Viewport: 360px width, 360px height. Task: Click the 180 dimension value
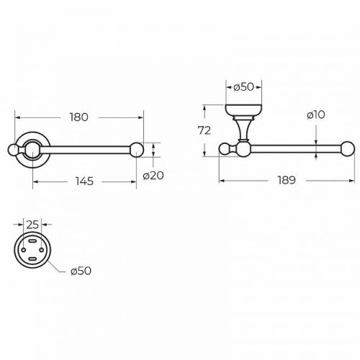click(x=79, y=117)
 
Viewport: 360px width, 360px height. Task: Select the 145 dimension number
click(x=84, y=181)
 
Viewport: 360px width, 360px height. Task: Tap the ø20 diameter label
click(x=153, y=176)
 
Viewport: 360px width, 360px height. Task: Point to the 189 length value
click(x=287, y=180)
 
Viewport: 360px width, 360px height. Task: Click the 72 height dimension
click(x=204, y=130)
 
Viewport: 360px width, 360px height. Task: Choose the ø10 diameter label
click(x=316, y=114)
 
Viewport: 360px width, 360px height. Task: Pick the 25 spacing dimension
click(x=32, y=225)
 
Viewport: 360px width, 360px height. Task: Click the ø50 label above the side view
click(x=243, y=87)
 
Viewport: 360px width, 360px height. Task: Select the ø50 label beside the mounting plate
click(x=81, y=271)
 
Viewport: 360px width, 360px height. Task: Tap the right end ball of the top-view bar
click(x=137, y=150)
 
